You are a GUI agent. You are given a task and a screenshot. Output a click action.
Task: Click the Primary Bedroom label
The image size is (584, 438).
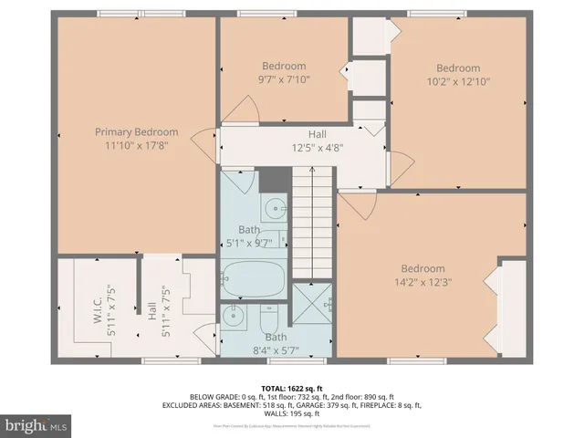[136, 132]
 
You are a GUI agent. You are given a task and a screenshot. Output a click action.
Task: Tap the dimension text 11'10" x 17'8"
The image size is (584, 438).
[136, 144]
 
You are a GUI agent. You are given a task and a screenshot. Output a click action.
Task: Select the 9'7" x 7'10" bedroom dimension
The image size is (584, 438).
[284, 78]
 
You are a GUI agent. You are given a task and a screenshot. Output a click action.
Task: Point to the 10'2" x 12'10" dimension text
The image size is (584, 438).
[457, 81]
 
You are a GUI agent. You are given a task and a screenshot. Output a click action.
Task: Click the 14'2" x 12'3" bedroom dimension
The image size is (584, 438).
[422, 281]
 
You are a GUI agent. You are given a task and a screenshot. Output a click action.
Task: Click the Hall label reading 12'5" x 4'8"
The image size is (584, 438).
[317, 147]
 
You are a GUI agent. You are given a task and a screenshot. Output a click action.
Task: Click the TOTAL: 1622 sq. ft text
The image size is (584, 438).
[292, 388]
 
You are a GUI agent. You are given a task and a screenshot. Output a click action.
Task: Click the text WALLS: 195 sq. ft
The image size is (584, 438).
[292, 413]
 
